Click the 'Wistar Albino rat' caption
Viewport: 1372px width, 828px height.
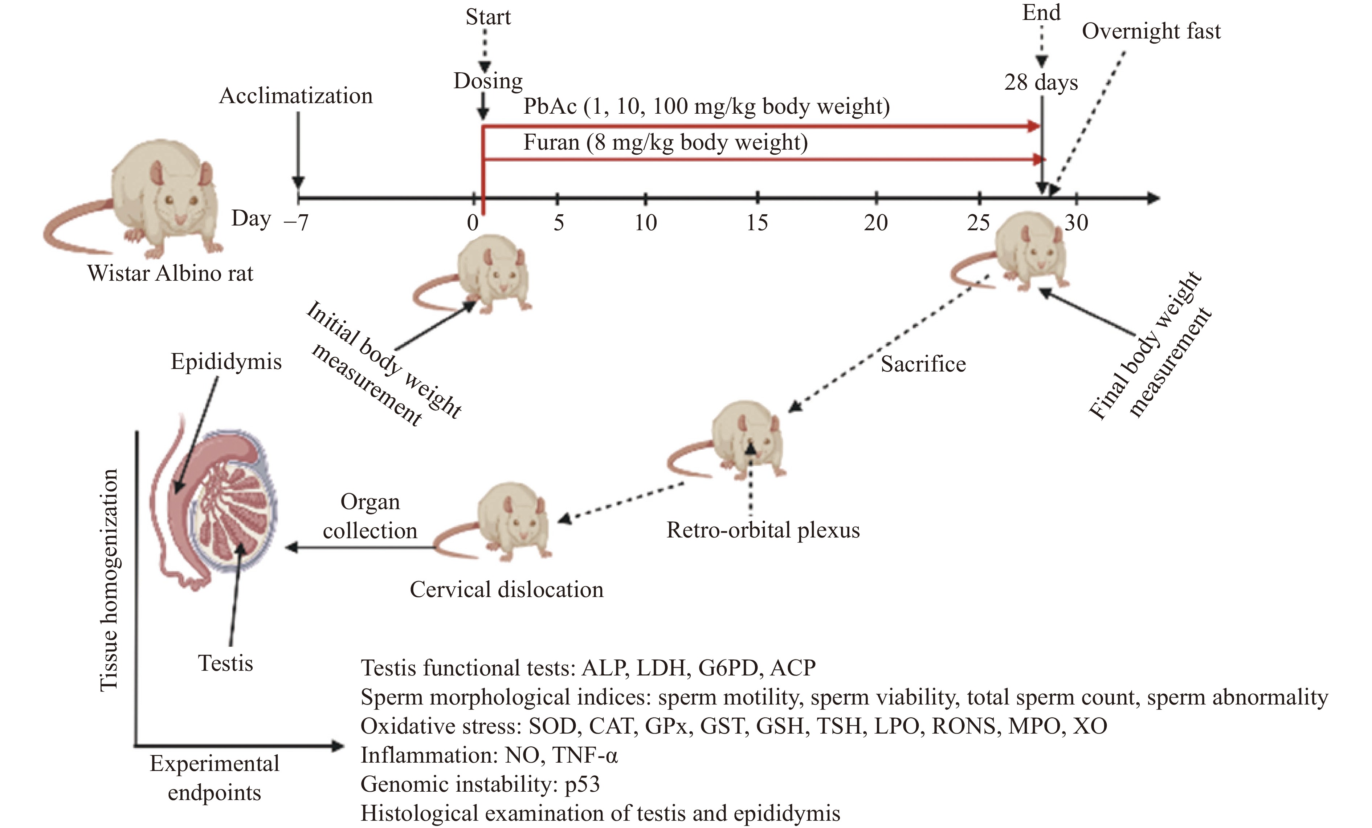[x=170, y=273]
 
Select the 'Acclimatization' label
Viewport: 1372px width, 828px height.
[x=296, y=96]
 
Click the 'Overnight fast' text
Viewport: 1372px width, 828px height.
[x=1151, y=31]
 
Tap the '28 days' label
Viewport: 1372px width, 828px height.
[x=1041, y=82]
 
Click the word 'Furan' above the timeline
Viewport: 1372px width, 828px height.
[x=551, y=143]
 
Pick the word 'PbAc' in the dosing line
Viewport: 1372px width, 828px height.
[x=550, y=106]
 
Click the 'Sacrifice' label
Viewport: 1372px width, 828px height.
[x=923, y=364]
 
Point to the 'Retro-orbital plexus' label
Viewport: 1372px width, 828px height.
[x=763, y=530]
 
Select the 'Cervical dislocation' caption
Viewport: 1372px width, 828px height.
[x=506, y=589]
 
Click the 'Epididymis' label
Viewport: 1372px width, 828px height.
[x=226, y=362]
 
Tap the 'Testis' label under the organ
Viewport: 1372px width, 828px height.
[x=225, y=663]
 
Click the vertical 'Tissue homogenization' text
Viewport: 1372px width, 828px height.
[x=109, y=580]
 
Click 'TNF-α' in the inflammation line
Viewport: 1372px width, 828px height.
[x=585, y=755]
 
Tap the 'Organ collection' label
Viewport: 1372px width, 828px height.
[x=370, y=516]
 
